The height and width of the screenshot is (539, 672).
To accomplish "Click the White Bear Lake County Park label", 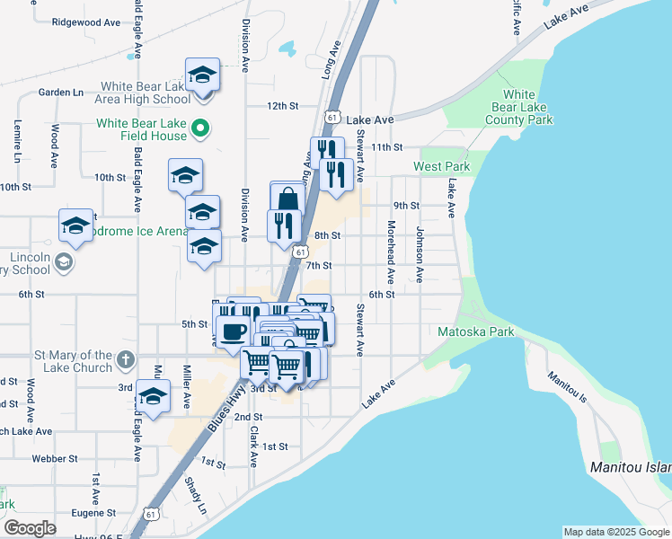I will (x=519, y=107).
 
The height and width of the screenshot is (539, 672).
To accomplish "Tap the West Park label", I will (x=442, y=167).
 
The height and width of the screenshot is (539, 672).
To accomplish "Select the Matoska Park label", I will (x=475, y=332).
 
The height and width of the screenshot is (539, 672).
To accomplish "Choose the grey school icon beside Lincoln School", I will (x=63, y=262).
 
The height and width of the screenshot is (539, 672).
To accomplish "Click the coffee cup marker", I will (x=234, y=331).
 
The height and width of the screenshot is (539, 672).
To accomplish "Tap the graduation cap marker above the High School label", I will (x=202, y=75).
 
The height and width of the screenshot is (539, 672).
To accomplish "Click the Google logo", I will (x=30, y=528).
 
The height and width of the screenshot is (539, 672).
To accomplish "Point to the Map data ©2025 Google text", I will (x=616, y=532).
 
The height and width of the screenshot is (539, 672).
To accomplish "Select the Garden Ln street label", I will (x=60, y=92).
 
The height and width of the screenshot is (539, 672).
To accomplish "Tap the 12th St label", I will (x=282, y=106).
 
